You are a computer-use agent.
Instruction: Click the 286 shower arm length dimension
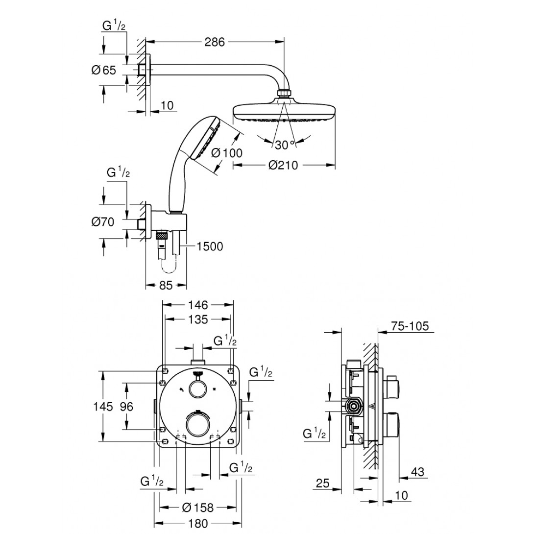(x=214, y=42)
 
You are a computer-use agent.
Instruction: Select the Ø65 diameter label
(x=103, y=70)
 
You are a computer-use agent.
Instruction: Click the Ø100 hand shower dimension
(x=226, y=153)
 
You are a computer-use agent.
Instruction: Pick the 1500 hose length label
(x=209, y=246)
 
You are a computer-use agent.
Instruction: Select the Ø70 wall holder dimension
(x=103, y=222)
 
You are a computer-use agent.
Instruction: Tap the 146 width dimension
(x=198, y=304)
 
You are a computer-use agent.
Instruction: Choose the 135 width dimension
(x=198, y=319)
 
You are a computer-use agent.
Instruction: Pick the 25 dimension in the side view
(x=322, y=483)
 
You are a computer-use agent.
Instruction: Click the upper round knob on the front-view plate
(x=198, y=389)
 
